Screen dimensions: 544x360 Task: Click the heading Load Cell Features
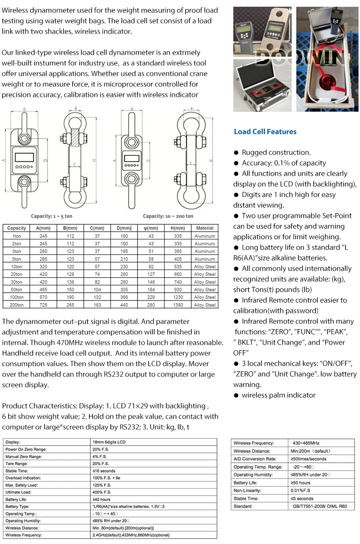pyautogui.click(x=265, y=131)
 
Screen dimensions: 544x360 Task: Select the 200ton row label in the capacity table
pyautogui.click(x=17, y=305)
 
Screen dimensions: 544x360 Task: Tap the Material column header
pyautogui.click(x=204, y=228)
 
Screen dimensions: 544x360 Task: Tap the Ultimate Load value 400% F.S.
pyautogui.click(x=101, y=492)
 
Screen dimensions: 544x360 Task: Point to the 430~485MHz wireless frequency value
pyautogui.click(x=306, y=443)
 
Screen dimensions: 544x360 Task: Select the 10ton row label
pyautogui.click(x=17, y=267)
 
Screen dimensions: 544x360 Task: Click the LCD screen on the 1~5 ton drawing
pyautogui.click(x=24, y=156)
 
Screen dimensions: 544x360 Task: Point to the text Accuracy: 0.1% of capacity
pyautogui.click(x=284, y=163)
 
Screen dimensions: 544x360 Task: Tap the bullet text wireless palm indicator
pyautogui.click(x=279, y=395)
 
